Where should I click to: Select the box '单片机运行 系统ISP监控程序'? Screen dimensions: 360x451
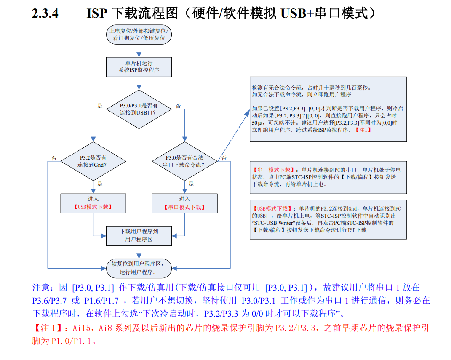139,67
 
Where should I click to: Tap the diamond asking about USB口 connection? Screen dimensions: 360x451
139,109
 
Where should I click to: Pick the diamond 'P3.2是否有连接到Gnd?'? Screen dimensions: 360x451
93,161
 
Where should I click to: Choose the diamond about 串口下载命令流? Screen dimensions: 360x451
184,161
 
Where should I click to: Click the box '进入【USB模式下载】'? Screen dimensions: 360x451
93,203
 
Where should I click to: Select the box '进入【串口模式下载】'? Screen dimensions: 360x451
184,203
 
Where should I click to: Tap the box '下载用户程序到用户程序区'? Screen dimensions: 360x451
139,235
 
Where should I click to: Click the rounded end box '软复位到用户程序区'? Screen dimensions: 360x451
139,268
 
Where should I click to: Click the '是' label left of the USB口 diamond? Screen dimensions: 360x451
100,106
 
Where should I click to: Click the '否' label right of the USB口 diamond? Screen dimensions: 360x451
178,106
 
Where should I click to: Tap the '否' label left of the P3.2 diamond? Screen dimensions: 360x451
54,158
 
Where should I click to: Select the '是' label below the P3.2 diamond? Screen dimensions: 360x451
100,184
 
